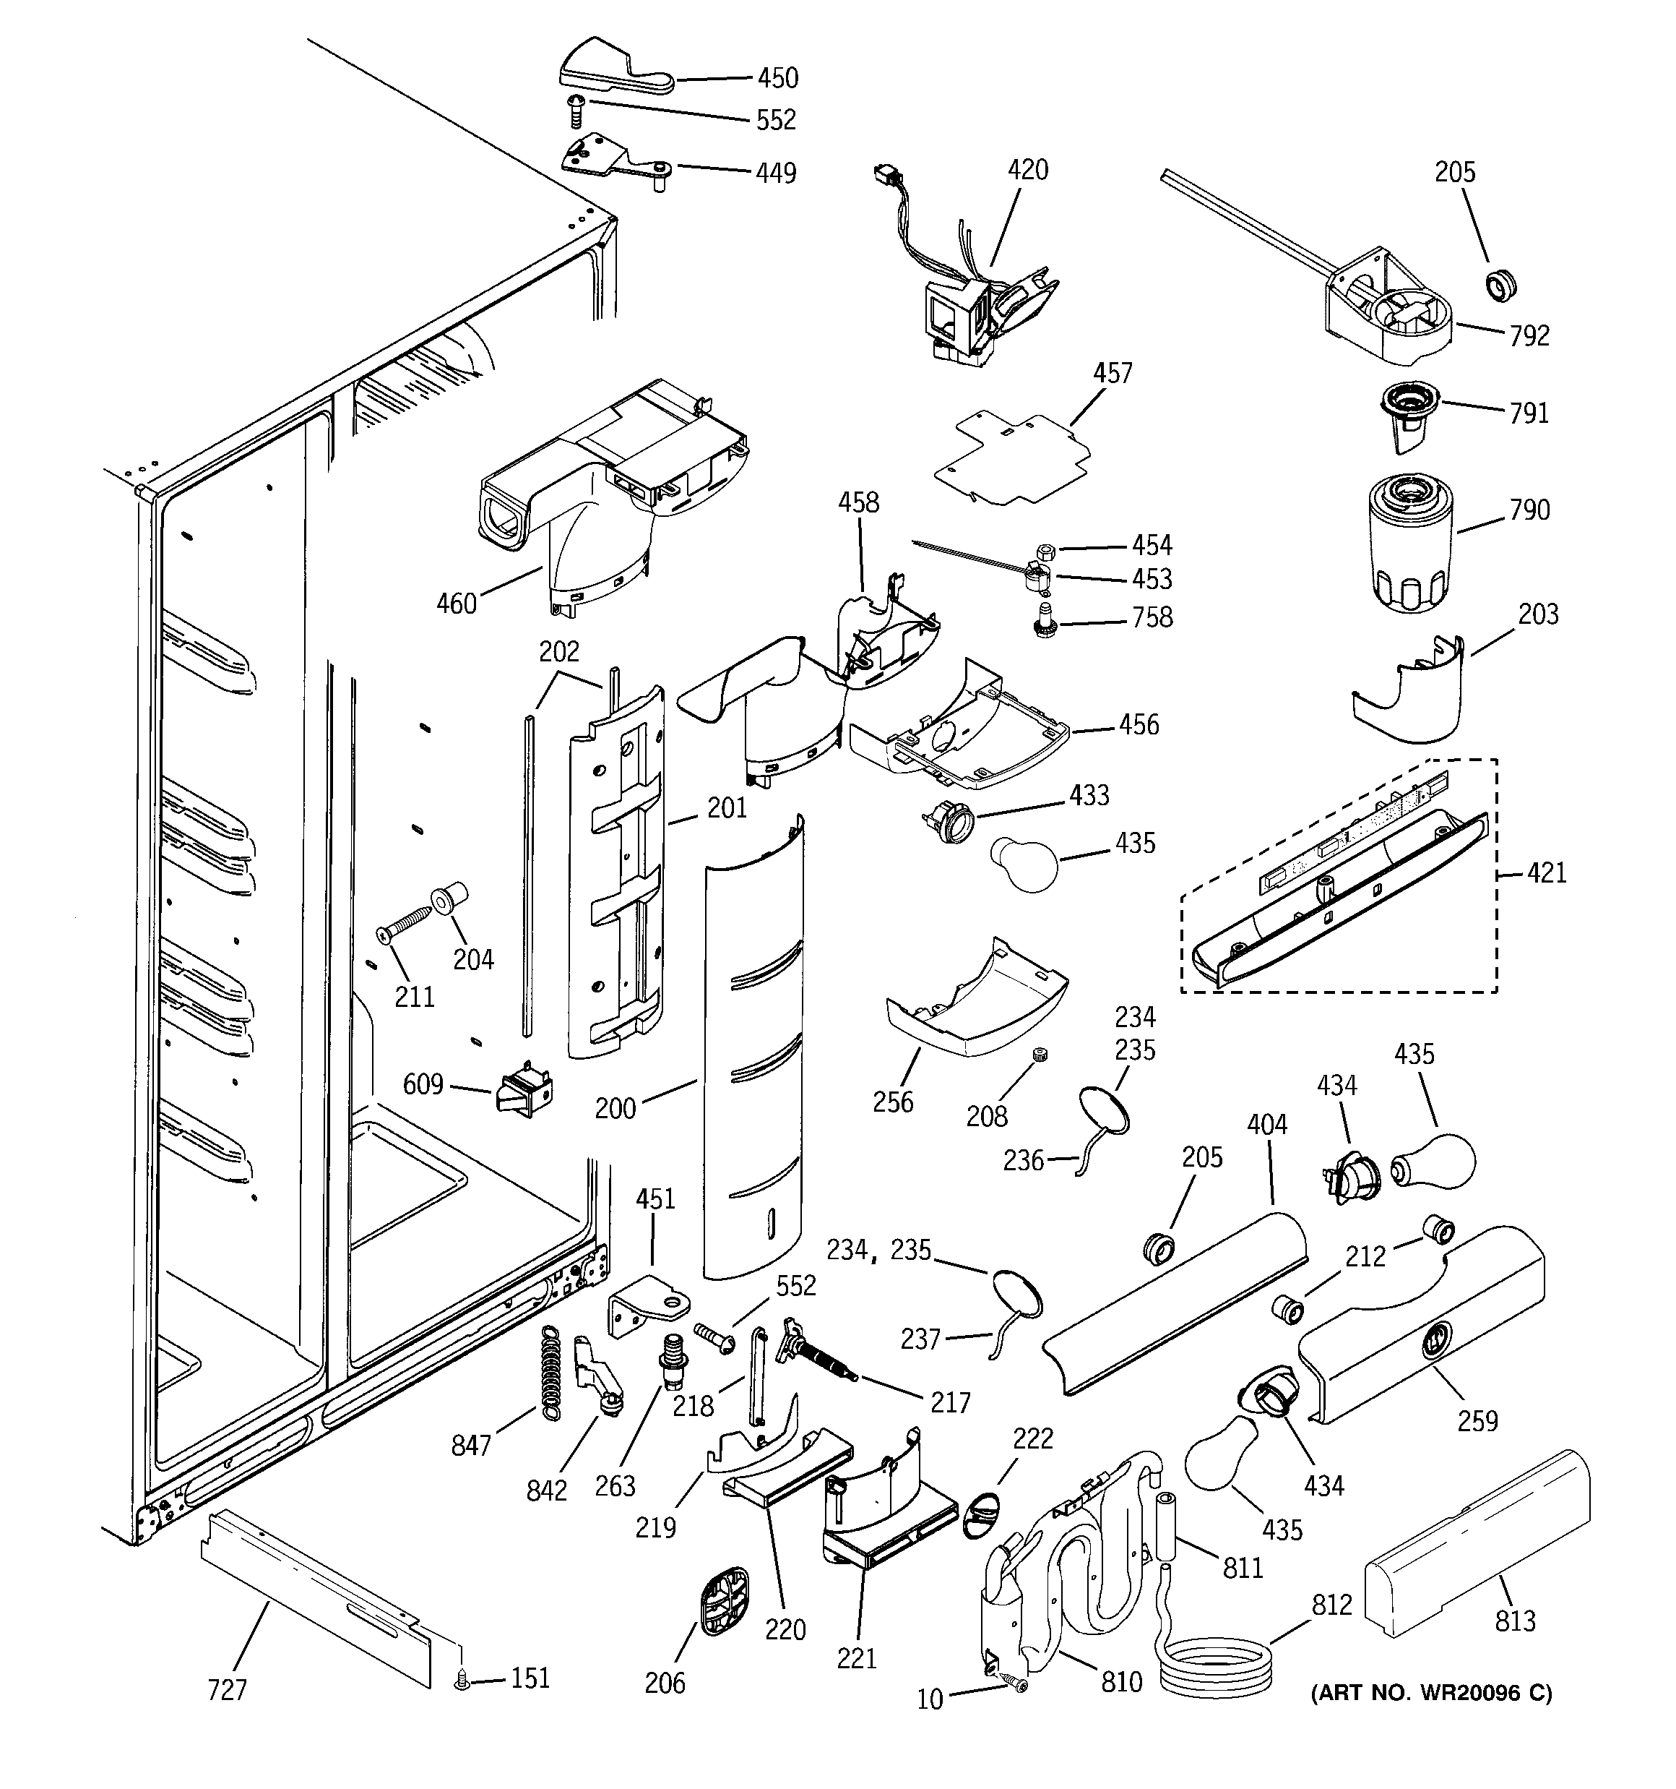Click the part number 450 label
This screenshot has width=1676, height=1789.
pos(777,78)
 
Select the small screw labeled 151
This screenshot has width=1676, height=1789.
pos(462,1679)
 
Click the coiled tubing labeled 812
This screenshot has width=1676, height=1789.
pos(1214,1665)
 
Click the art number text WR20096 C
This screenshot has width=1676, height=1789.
pos(1431,1694)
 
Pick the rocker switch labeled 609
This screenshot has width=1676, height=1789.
pos(524,1090)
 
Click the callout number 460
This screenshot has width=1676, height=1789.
pos(456,603)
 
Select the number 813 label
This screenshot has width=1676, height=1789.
pos(1515,1621)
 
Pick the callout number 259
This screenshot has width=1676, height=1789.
pos(1477,1421)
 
